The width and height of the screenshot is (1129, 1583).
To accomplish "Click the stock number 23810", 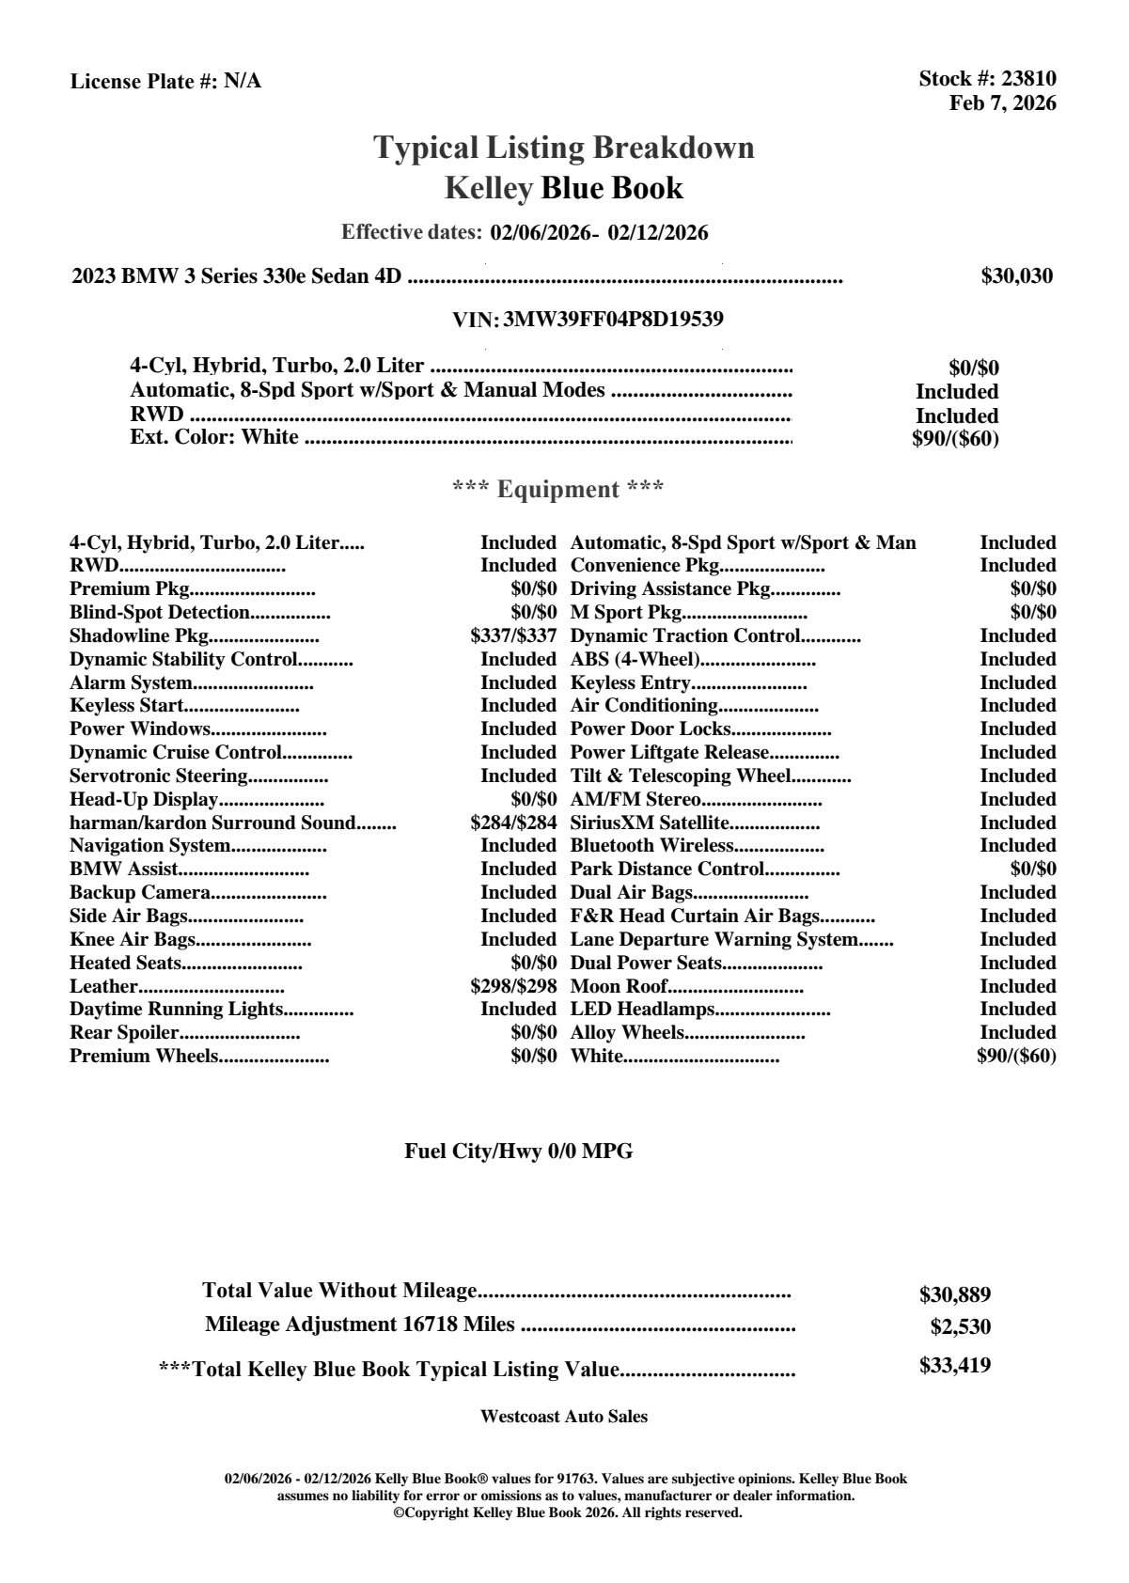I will (x=1029, y=79).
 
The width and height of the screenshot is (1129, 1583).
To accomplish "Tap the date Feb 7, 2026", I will (x=1002, y=102).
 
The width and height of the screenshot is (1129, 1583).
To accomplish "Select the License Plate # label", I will (x=144, y=82).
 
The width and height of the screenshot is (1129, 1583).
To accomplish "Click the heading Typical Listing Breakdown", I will (x=564, y=148).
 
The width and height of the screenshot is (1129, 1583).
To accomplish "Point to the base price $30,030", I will (x=1016, y=276).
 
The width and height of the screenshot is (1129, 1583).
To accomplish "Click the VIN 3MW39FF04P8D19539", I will (x=613, y=319).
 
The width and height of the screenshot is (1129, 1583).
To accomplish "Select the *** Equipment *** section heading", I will (x=558, y=489).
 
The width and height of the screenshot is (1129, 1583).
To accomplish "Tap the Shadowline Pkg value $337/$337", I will (x=513, y=635).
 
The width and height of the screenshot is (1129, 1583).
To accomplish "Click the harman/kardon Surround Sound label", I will (x=212, y=823).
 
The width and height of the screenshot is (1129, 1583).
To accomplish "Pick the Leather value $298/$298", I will (x=513, y=986).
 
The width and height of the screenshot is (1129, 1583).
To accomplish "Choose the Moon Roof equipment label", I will (x=619, y=986).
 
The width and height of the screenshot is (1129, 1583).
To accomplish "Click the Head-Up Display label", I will (x=144, y=799).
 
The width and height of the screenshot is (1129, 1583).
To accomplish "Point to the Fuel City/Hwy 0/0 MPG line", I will (x=518, y=1151).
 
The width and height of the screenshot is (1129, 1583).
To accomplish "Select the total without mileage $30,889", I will (x=954, y=1294).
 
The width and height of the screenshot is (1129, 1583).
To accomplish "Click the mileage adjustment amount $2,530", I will (x=960, y=1327).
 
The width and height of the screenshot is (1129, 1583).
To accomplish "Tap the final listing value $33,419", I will (x=954, y=1365).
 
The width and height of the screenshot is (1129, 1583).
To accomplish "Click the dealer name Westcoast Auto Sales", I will (x=563, y=1416).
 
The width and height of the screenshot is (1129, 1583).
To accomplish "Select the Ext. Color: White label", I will (x=214, y=437).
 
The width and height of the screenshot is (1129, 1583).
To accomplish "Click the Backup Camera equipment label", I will (x=139, y=892).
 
